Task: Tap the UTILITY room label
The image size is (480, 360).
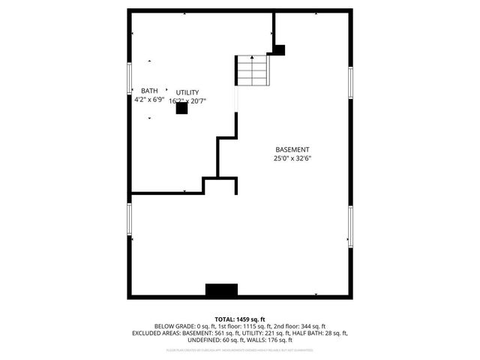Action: click(x=187, y=92)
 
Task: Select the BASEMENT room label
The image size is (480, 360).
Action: click(x=292, y=149)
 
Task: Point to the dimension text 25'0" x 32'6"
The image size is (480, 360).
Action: click(x=292, y=158)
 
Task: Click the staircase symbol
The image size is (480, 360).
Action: click(x=253, y=70)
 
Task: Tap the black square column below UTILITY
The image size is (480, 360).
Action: click(x=181, y=108)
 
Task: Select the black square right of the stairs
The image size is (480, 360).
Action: click(x=279, y=50)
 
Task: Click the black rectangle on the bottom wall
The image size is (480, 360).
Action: click(x=221, y=290)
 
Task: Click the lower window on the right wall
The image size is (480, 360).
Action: click(x=349, y=227)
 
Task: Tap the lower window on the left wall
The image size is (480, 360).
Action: click(x=129, y=217)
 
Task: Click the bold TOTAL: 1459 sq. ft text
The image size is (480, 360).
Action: click(x=240, y=319)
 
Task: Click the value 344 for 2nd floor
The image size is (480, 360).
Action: click(x=309, y=326)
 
